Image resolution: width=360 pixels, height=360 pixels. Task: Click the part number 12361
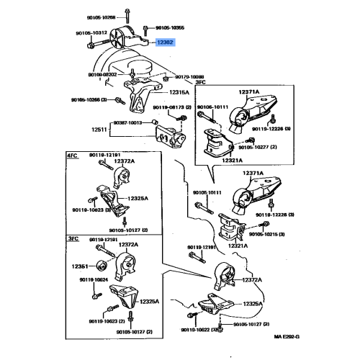click(80, 266)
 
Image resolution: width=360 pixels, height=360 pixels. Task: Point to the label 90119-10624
click(93, 279)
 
